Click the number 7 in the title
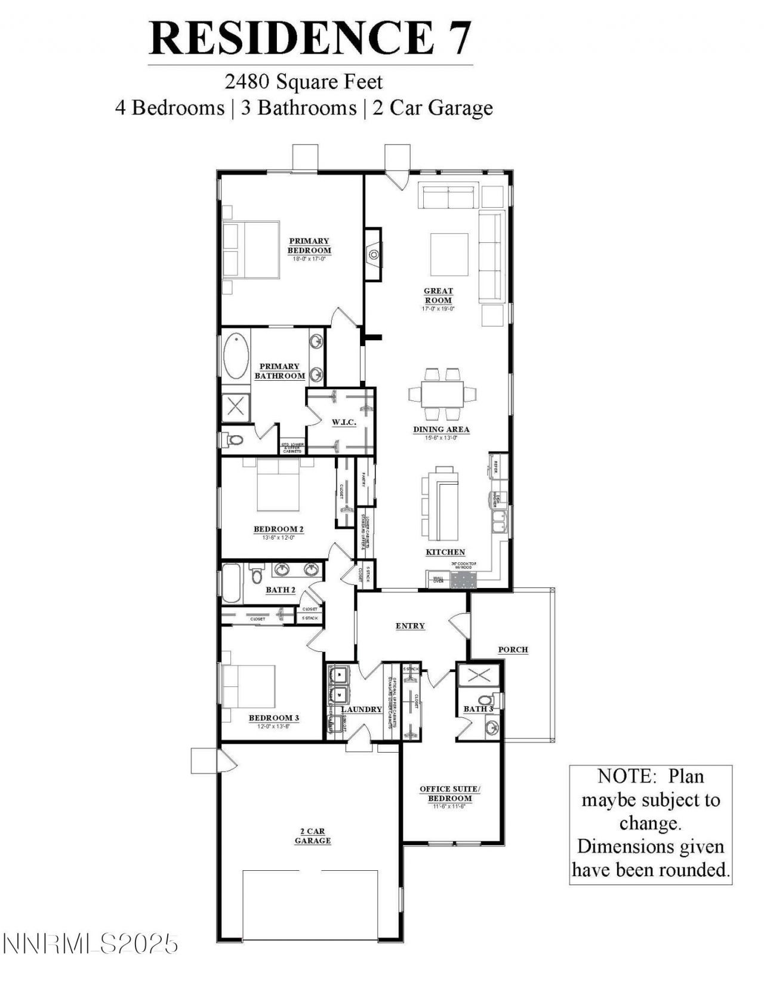[457, 38]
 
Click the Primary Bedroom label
[309, 246]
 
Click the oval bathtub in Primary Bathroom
[236, 356]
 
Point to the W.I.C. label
[344, 423]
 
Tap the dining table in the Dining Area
[442, 393]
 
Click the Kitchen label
[445, 552]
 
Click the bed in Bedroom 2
[278, 486]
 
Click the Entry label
[410, 626]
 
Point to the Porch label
[513, 649]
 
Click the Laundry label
[362, 709]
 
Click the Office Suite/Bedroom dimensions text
[449, 806]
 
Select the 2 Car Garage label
[312, 836]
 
